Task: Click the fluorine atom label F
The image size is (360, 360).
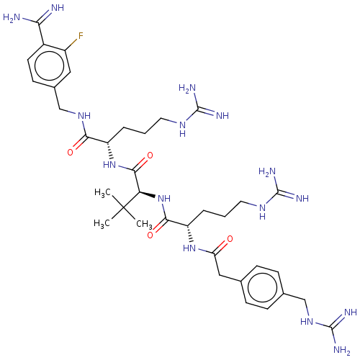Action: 81,36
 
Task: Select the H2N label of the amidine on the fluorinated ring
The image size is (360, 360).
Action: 12,17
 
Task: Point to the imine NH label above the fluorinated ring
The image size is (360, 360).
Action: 58,8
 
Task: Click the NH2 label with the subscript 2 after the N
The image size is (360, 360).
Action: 342,350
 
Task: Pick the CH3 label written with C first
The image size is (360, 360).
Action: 144,225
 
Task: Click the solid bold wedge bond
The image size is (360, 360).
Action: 147,195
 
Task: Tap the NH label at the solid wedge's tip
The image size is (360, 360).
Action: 164,199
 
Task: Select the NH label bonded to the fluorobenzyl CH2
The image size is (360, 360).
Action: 84,116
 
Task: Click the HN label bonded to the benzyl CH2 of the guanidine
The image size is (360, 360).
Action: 307,322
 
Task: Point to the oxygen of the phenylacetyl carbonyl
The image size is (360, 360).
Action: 230,239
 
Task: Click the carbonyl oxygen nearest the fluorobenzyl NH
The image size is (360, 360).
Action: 70,152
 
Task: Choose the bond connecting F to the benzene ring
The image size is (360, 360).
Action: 71,45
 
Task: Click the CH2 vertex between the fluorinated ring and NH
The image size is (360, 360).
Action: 59,109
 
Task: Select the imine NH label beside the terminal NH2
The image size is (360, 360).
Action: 351,312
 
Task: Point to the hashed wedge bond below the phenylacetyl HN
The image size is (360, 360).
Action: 189,234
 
